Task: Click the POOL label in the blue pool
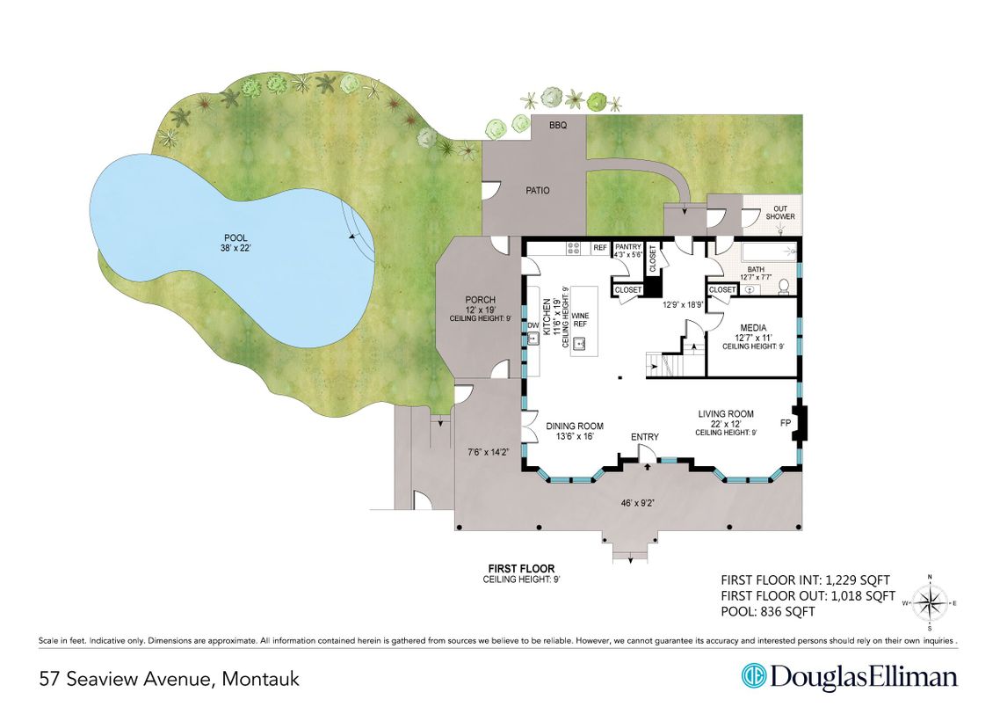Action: (x=236, y=238)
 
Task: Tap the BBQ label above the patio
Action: (x=558, y=126)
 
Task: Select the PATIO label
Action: (x=538, y=190)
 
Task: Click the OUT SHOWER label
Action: (x=780, y=213)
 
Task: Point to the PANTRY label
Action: (x=628, y=247)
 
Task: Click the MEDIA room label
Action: (x=753, y=328)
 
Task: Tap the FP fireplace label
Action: (x=786, y=423)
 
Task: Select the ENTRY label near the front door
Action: (x=645, y=437)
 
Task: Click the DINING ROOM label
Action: (x=575, y=426)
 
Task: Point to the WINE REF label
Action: (x=580, y=320)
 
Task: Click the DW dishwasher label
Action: (x=533, y=326)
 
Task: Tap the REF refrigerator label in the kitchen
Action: (x=600, y=248)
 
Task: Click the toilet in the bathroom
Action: (x=785, y=288)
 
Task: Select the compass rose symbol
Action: (x=929, y=602)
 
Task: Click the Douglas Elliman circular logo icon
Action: (x=753, y=676)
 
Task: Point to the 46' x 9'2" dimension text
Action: (x=638, y=503)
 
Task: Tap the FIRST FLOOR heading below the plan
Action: (x=521, y=569)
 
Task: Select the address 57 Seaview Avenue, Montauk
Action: (x=169, y=678)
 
